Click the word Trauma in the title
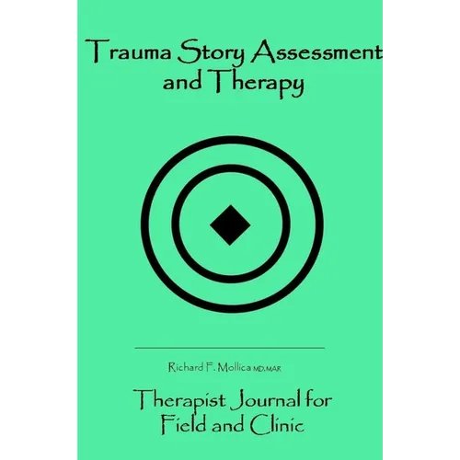point(128,52)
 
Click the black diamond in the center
point(230,225)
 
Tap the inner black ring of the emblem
point(175,224)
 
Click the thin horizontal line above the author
point(230,348)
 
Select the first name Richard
point(186,367)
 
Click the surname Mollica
point(234,367)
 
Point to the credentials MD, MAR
point(267,369)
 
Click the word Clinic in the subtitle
point(277,425)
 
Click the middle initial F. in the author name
point(210,367)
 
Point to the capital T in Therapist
point(142,399)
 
